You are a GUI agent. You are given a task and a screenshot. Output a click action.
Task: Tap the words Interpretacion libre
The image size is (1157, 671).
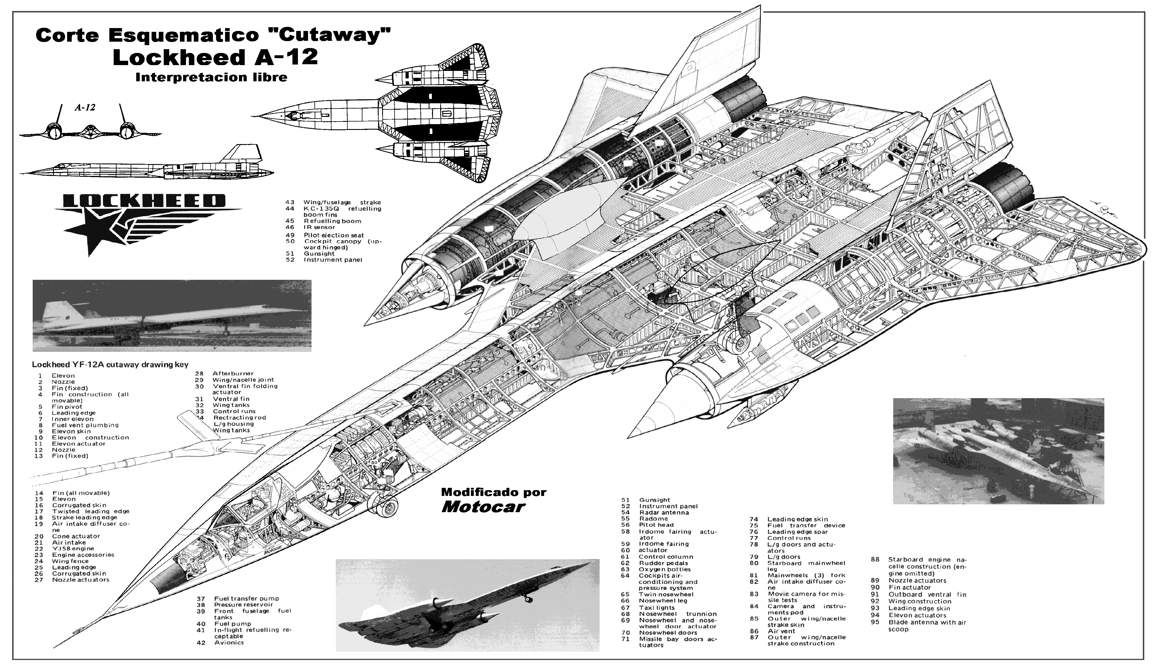pos(211,77)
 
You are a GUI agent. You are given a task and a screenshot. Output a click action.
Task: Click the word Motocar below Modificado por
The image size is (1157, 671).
pos(483,507)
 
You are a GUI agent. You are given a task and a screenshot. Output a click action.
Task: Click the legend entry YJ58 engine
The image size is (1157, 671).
pos(73,548)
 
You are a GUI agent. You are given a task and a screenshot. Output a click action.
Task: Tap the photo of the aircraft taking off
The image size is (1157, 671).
pos(467,604)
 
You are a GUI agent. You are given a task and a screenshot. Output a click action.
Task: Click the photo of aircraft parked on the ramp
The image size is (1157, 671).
pos(998,450)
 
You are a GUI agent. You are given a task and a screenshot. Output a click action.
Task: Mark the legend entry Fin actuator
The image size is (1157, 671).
pos(909,587)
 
